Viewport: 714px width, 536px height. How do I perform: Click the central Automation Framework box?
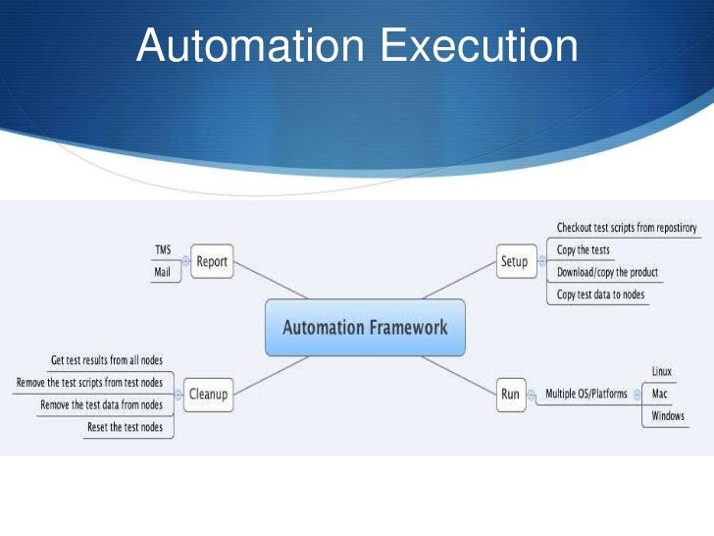click(365, 328)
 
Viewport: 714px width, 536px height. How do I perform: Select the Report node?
click(212, 262)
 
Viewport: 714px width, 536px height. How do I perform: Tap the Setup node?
click(514, 262)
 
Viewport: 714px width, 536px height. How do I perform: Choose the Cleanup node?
click(208, 395)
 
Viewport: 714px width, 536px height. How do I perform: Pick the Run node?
click(510, 395)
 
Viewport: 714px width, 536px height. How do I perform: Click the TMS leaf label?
click(163, 250)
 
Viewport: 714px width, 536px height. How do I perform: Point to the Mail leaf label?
click(163, 272)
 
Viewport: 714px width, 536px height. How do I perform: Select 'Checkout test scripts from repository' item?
click(627, 228)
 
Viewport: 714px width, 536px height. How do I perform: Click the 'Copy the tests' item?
click(584, 250)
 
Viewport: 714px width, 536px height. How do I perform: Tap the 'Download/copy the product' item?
click(607, 272)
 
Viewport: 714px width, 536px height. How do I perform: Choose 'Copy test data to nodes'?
click(601, 295)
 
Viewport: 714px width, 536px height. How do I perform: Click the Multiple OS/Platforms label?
click(586, 395)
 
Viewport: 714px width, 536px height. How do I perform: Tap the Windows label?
click(668, 416)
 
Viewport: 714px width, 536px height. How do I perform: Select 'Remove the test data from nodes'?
click(101, 404)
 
